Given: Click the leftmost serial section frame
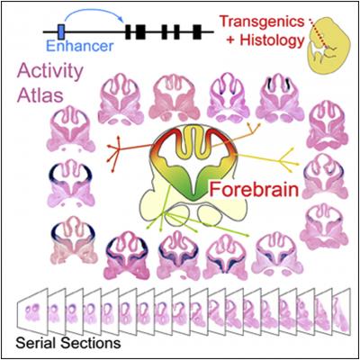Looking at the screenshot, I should (x=31, y=309).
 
